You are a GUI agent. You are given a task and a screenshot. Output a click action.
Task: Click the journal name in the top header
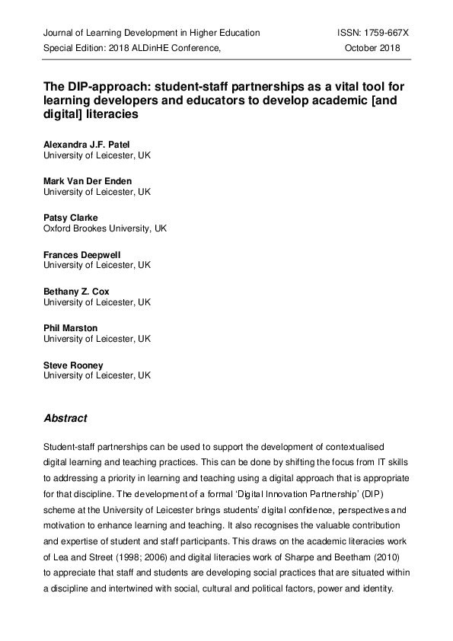152,33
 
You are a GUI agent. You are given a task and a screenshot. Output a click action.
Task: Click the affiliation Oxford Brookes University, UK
105,228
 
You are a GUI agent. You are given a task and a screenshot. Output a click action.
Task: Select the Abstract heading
65,419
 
